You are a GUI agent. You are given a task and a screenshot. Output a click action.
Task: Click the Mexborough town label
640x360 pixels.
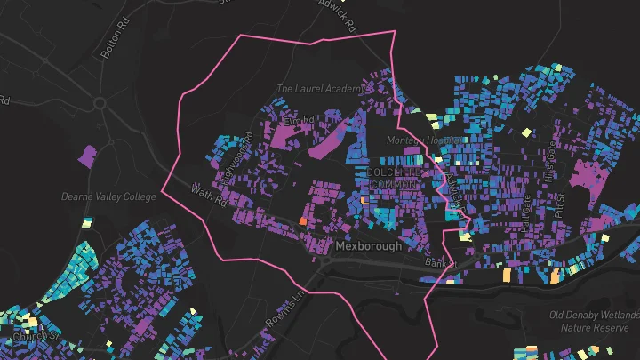(369, 245)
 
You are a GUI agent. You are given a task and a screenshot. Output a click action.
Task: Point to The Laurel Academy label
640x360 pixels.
(320, 89)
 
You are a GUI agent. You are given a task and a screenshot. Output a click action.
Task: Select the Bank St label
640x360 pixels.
(440, 263)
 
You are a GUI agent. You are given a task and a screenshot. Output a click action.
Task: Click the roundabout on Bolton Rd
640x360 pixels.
(100, 103)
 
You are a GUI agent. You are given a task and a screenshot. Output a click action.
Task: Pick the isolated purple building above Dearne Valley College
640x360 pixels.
(87, 156)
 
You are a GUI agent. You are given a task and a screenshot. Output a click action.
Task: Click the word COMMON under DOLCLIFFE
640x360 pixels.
(391, 182)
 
